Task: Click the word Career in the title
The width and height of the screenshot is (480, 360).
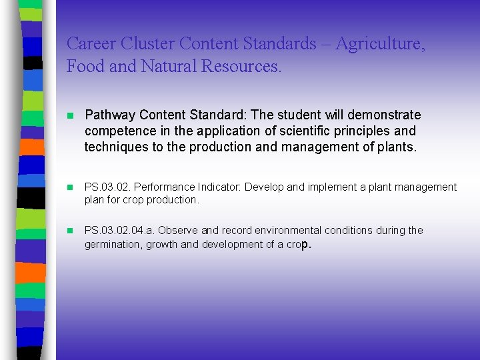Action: (x=91, y=45)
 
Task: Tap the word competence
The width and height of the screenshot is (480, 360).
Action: (x=117, y=131)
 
